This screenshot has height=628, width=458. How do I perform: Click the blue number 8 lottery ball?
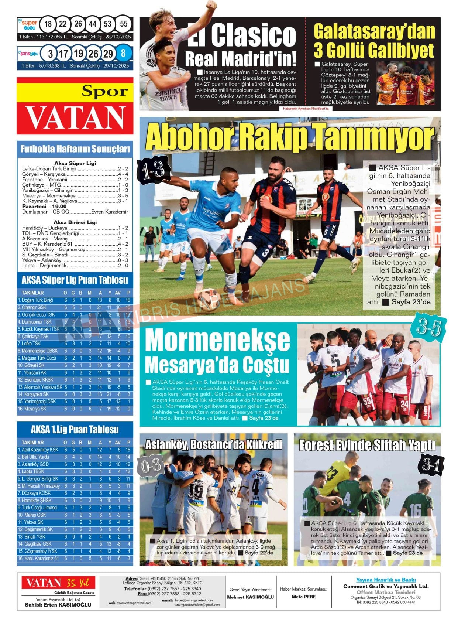click(x=123, y=54)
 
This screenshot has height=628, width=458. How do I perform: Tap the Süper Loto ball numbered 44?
click(x=93, y=24)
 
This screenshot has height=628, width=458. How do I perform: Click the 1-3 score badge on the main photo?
click(x=154, y=170)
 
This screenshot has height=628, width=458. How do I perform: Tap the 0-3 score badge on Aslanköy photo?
click(x=151, y=466)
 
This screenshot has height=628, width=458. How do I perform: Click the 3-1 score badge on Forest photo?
click(x=431, y=465)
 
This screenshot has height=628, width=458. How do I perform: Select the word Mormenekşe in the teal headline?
click(x=218, y=340)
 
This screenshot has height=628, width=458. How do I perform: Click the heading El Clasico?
click(x=241, y=35)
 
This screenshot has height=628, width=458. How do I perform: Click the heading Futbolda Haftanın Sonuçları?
click(x=75, y=149)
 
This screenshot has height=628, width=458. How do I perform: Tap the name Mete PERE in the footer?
click(x=303, y=597)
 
